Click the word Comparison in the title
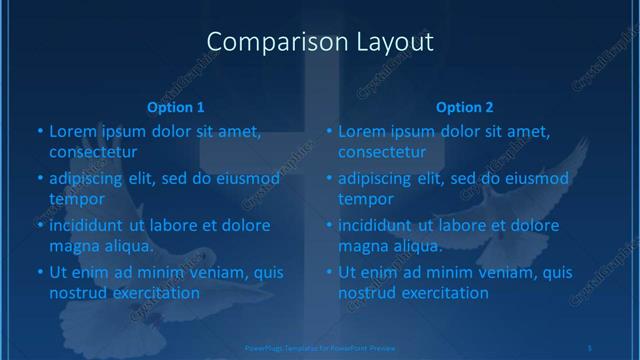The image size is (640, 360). coord(264,42)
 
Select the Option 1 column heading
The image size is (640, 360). coord(176,107)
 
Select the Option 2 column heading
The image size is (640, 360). coord(465,107)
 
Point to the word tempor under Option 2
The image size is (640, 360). coord(365,198)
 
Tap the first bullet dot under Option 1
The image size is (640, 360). coord(40,131)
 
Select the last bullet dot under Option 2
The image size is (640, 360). coord(329,272)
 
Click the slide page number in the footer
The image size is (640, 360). coord(590,347)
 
